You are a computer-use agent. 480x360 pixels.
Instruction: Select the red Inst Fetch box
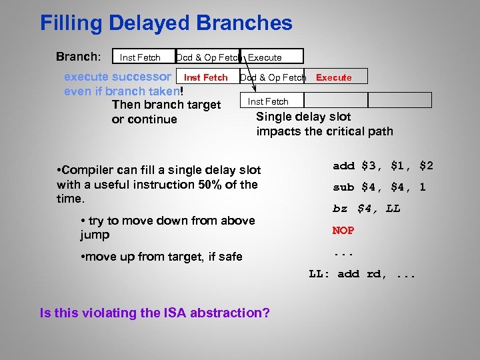pyautogui.click(x=205, y=77)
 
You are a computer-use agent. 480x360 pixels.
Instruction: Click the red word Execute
pyautogui.click(x=333, y=77)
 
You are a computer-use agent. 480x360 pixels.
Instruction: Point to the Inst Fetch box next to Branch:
pyautogui.click(x=141, y=57)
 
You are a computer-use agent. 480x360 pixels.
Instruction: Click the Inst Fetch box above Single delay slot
pyautogui.click(x=268, y=101)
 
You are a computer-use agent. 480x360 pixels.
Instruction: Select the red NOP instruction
pyautogui.click(x=343, y=230)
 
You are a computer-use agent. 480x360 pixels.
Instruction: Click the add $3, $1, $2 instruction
pyautogui.click(x=383, y=165)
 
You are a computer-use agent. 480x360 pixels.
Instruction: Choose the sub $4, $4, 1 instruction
pyautogui.click(x=379, y=187)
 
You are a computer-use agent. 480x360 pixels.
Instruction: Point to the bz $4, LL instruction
pyautogui.click(x=367, y=209)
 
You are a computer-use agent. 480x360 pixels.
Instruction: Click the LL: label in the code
pyautogui.click(x=321, y=273)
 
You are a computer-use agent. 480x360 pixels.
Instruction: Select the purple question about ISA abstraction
pyautogui.click(x=155, y=313)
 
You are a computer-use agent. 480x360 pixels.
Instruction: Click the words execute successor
pyautogui.click(x=117, y=77)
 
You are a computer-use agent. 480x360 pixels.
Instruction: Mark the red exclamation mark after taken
pyautogui.click(x=181, y=91)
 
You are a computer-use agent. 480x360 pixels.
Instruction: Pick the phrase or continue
pyautogui.click(x=145, y=119)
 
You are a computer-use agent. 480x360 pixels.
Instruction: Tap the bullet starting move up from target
pyautogui.click(x=160, y=257)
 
